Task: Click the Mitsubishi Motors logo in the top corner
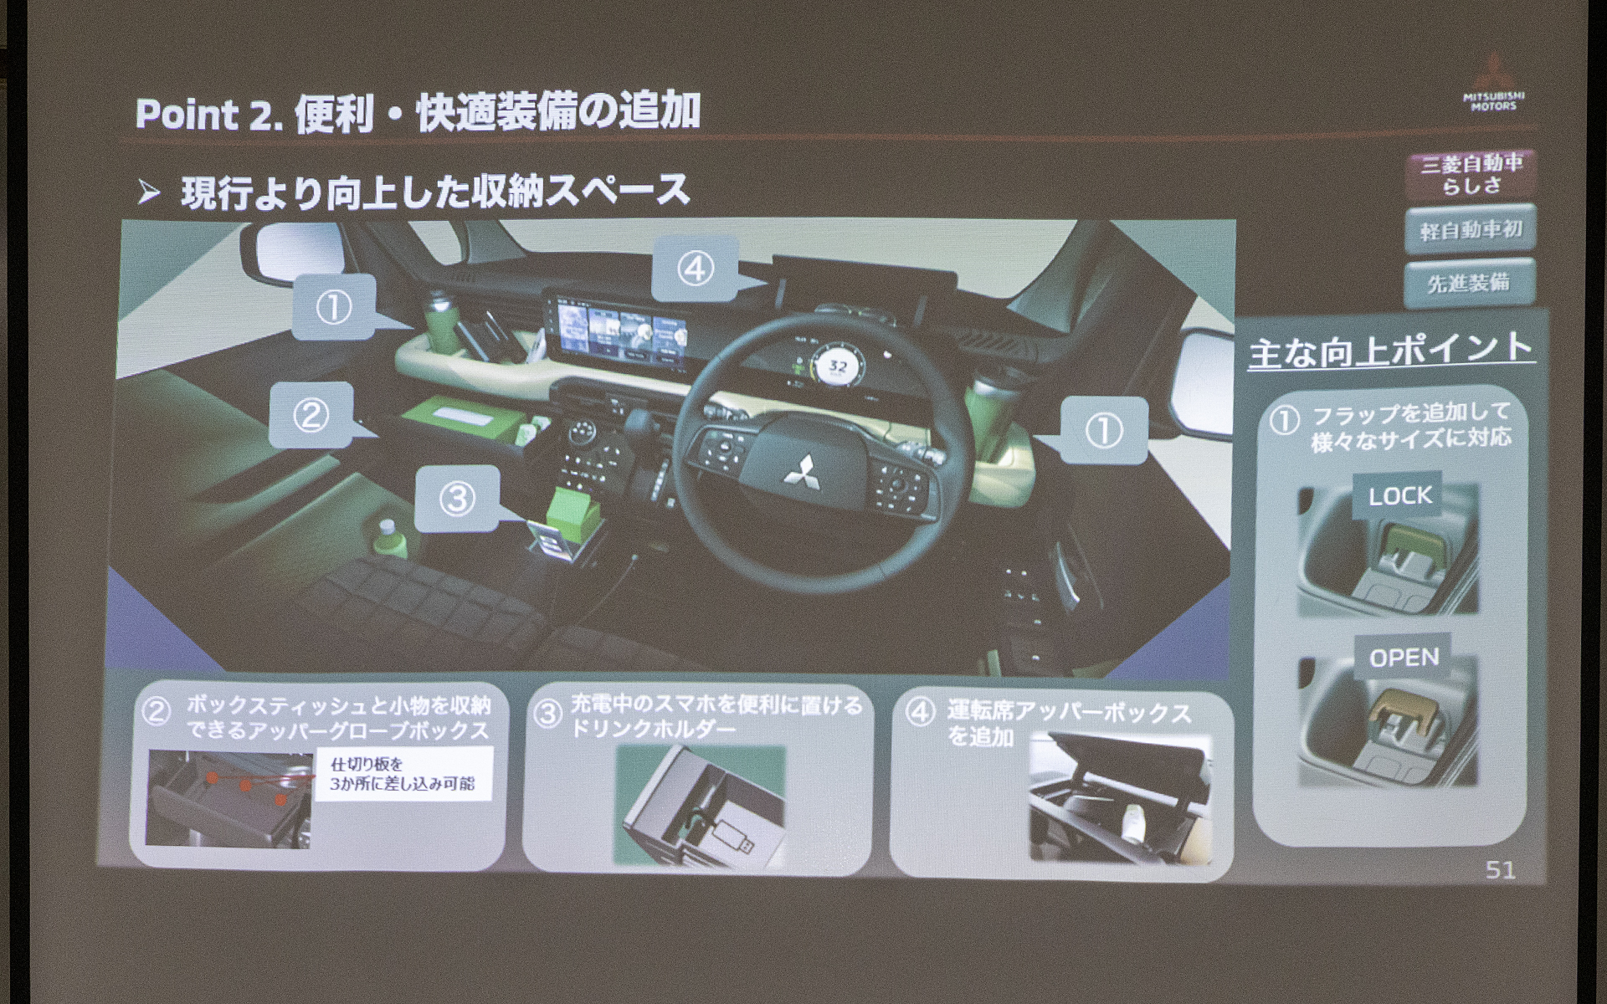1494,84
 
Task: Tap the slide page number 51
1500,870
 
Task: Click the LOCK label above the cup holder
1400,495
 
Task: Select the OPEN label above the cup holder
1404,658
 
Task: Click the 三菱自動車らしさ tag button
1471,173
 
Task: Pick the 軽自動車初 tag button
1471,229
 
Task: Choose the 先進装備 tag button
1469,283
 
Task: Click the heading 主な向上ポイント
1390,350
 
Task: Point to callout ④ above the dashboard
695,269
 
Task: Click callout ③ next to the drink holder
457,499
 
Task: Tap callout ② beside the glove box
311,415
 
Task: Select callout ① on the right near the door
1103,430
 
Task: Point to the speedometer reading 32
837,366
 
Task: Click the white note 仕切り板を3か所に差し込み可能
403,774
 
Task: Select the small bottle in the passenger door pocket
387,540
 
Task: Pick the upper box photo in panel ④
1120,799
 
